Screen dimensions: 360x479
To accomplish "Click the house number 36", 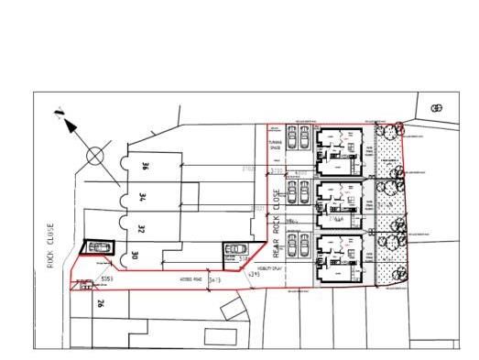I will [144, 167].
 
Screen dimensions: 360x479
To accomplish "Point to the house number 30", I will [136, 256].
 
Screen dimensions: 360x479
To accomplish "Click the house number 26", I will [102, 304].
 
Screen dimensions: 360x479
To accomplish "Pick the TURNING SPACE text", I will [276, 148].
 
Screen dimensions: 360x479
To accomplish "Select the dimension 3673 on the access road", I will [215, 279].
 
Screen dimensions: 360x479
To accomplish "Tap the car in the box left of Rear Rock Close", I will [236, 249].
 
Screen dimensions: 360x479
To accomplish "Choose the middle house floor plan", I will [340, 203].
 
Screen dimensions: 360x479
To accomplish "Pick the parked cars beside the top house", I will [297, 138].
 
